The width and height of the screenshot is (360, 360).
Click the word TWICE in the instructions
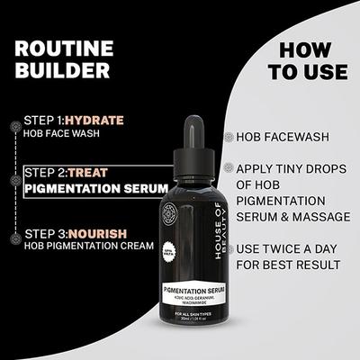click(x=283, y=247)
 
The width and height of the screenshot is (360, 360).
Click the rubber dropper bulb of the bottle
click(x=194, y=130)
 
